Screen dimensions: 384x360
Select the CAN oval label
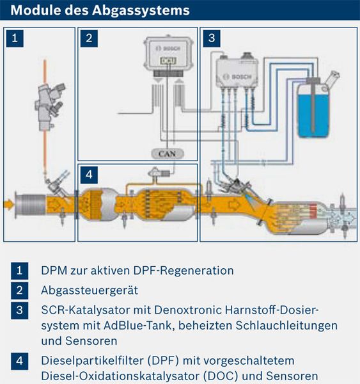166,153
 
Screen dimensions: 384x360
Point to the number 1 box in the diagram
18,38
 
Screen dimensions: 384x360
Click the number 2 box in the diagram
89,38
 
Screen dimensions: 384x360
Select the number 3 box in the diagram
211,38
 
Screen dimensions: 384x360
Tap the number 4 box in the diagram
89,173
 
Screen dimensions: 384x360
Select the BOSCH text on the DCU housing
168,49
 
